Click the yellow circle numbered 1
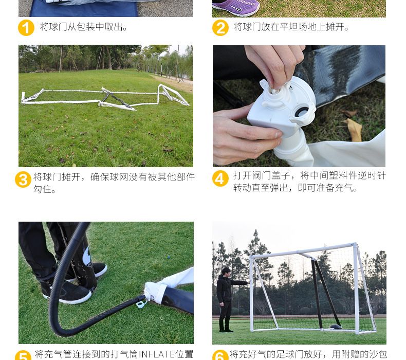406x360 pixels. click(26, 28)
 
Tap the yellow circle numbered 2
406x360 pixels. click(220, 28)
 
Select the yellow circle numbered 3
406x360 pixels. click(23, 179)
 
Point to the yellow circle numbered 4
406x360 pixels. click(220, 178)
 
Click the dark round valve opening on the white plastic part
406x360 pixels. click(302, 112)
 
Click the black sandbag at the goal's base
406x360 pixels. click(336, 326)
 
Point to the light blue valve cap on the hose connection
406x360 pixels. click(141, 303)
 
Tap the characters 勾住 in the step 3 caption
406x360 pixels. click(42, 189)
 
